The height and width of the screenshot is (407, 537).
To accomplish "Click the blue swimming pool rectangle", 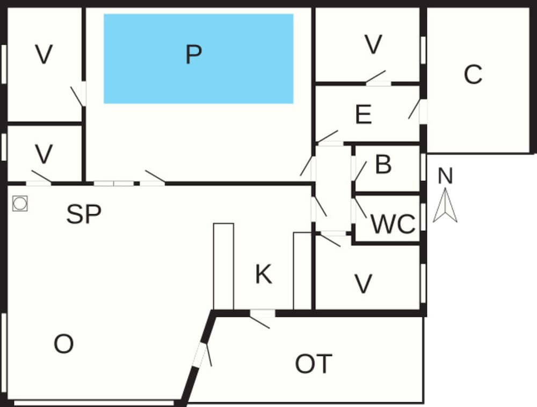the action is (199, 59).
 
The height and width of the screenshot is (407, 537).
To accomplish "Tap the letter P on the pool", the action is (193, 55).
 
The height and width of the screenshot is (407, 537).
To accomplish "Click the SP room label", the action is (84, 214).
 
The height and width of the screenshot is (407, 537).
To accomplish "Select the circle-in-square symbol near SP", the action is (20, 203).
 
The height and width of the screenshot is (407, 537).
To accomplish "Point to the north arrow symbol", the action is (445, 205).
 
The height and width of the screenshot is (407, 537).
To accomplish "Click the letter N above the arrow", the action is (445, 176).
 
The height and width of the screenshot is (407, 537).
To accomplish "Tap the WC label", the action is (393, 224).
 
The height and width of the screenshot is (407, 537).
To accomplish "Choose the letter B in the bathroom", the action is (383, 164).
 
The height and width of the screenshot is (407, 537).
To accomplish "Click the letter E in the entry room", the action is (364, 114).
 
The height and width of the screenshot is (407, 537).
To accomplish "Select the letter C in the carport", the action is (473, 74).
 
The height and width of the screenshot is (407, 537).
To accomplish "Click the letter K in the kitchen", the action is (264, 274).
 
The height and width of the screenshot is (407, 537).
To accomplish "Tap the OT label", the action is (314, 364).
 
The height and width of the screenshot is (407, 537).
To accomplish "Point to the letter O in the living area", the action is (64, 344).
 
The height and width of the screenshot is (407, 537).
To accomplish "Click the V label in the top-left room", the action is (44, 54).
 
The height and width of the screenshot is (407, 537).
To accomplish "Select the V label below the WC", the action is (363, 284).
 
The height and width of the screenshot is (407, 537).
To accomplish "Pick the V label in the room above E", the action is (373, 45).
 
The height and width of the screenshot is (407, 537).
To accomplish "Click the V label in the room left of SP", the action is (44, 154).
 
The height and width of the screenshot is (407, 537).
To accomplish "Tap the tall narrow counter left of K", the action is (223, 266).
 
